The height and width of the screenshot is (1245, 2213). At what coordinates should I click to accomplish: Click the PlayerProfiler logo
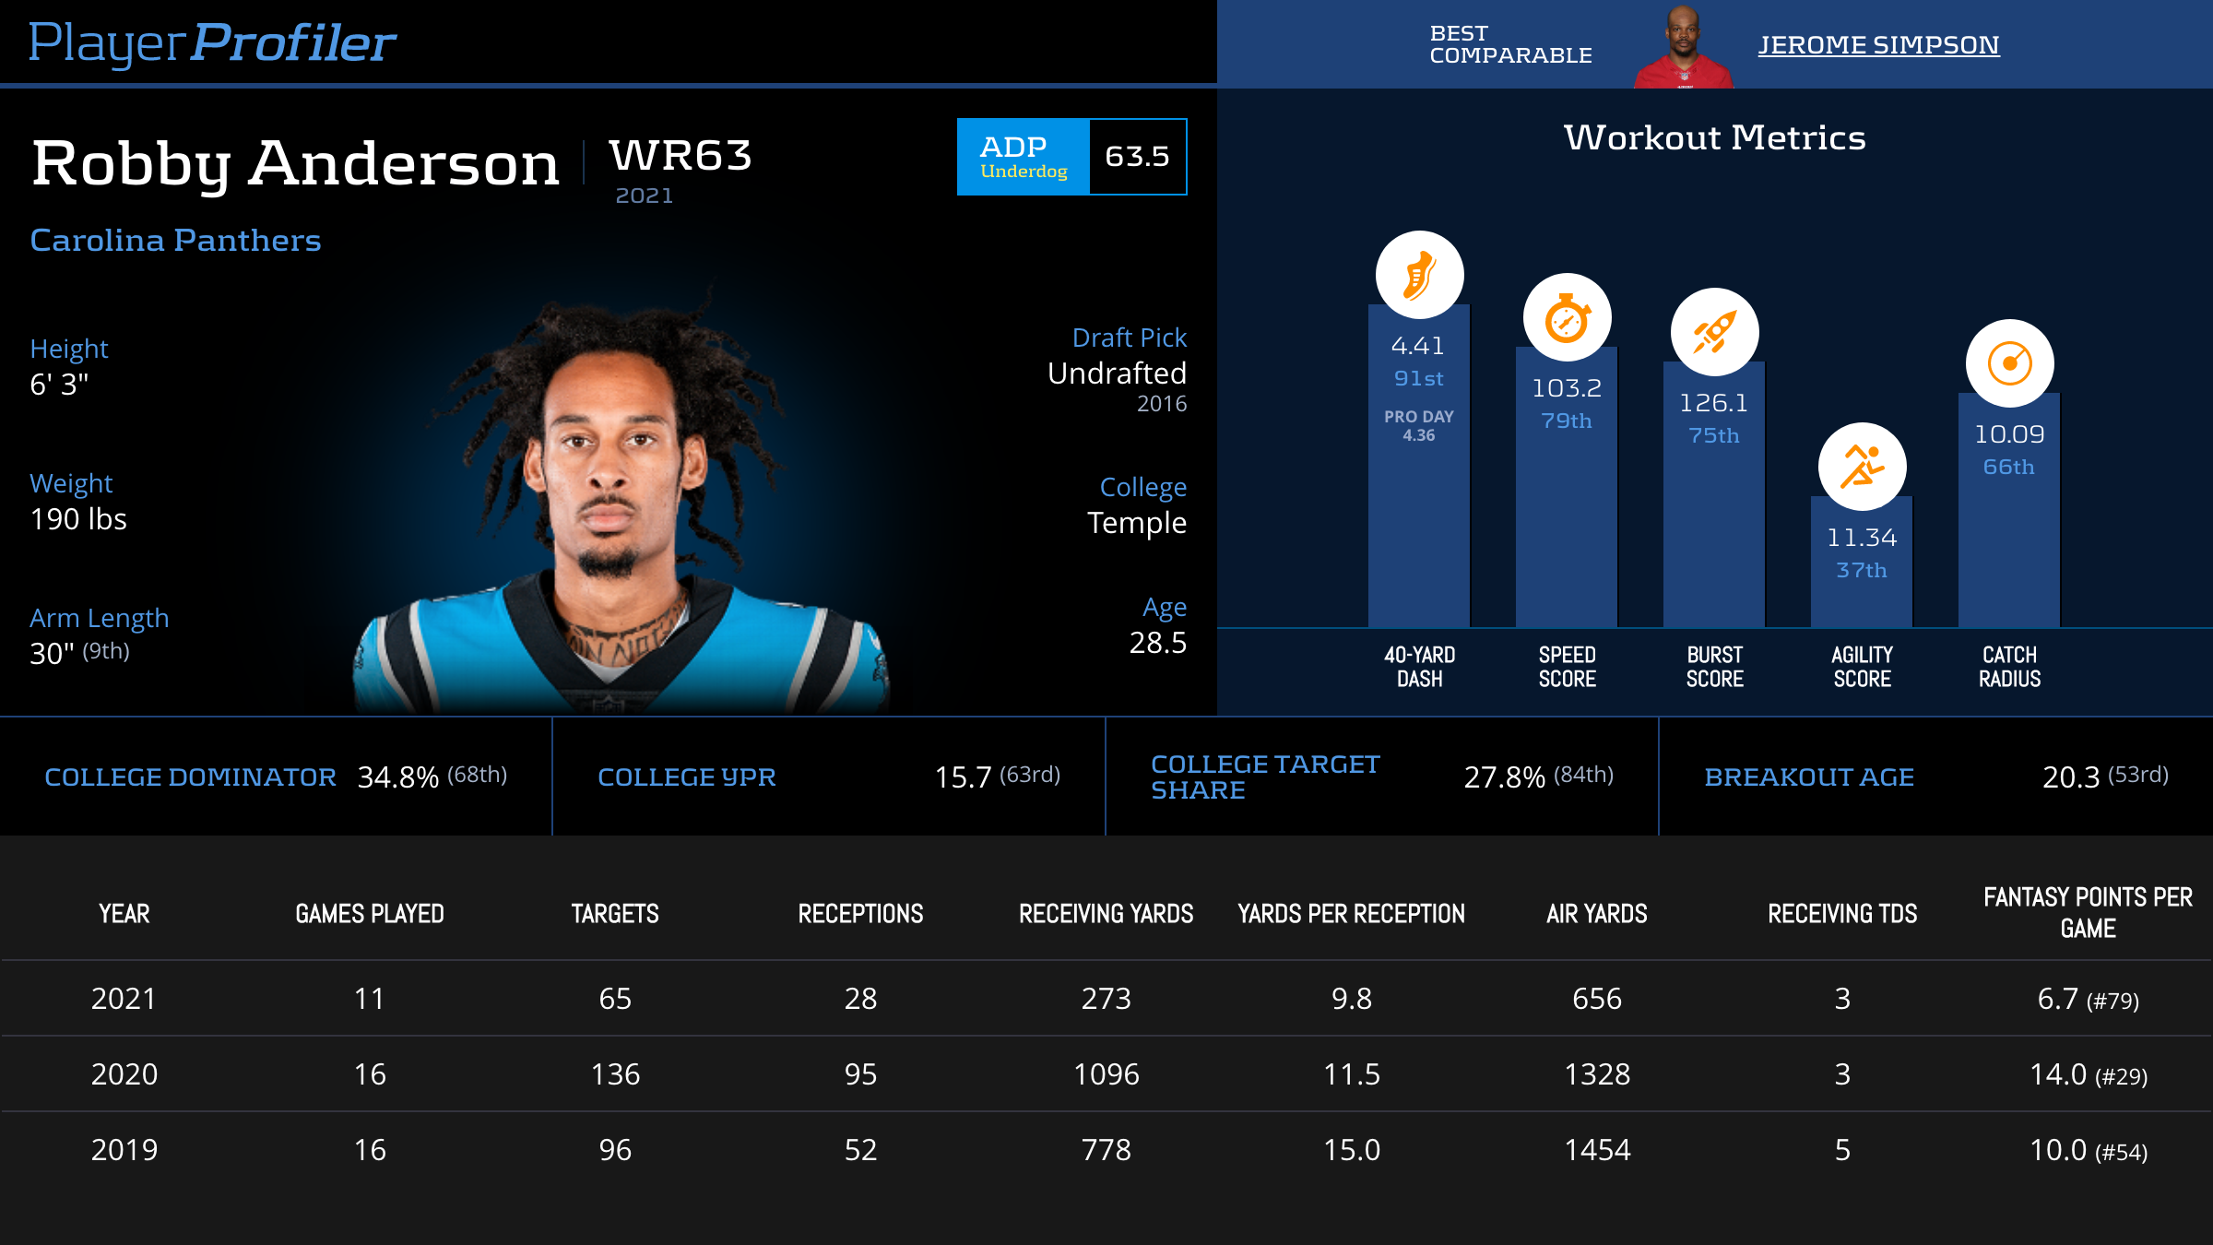212,42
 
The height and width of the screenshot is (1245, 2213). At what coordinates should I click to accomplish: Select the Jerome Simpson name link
1878,45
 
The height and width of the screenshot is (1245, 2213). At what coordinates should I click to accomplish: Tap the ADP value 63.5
1137,157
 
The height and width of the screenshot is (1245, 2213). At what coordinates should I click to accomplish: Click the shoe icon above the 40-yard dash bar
1419,275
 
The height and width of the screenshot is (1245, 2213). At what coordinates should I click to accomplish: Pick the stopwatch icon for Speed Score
1567,318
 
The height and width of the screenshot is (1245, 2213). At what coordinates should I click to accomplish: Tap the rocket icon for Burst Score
1714,332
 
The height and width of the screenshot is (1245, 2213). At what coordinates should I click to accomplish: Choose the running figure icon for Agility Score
1862,467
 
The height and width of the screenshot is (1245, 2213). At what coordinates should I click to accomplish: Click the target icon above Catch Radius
2009,363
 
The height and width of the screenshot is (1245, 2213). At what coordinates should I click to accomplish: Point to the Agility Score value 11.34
1862,538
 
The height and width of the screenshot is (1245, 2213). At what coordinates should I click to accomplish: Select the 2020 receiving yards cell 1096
1106,1074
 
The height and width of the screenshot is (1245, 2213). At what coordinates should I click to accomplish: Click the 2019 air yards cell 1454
1597,1150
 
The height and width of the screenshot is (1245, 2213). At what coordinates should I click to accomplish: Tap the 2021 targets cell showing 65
615,999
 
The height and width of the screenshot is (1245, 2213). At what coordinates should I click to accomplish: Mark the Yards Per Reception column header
1351,914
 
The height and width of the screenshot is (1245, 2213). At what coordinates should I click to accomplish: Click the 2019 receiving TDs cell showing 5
1842,1150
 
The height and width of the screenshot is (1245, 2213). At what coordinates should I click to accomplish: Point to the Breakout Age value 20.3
2071,777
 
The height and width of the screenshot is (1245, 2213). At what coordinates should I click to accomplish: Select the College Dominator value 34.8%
397,777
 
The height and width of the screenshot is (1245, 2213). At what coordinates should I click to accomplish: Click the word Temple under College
1136,523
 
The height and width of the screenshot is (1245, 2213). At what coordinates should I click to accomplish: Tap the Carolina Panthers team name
175,241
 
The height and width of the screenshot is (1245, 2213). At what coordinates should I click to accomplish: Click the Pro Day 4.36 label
1418,426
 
